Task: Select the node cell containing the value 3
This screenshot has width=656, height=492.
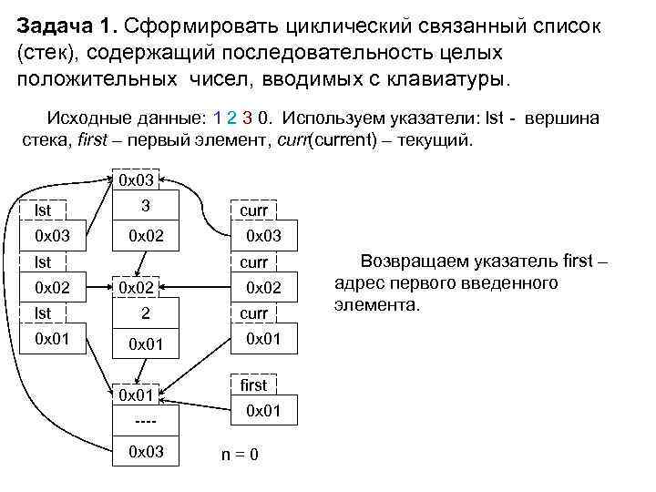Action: point(146,206)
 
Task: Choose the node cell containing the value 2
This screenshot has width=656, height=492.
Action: point(146,313)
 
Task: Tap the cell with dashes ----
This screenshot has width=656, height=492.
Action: point(146,422)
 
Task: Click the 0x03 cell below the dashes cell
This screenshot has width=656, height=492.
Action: point(146,451)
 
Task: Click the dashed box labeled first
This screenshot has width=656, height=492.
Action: point(253,385)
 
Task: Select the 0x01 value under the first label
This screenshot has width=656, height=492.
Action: point(264,412)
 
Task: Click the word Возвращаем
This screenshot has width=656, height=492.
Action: point(413,262)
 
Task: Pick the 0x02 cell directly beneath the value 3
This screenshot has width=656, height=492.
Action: point(146,237)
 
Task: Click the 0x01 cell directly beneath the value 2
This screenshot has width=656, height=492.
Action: point(146,344)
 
